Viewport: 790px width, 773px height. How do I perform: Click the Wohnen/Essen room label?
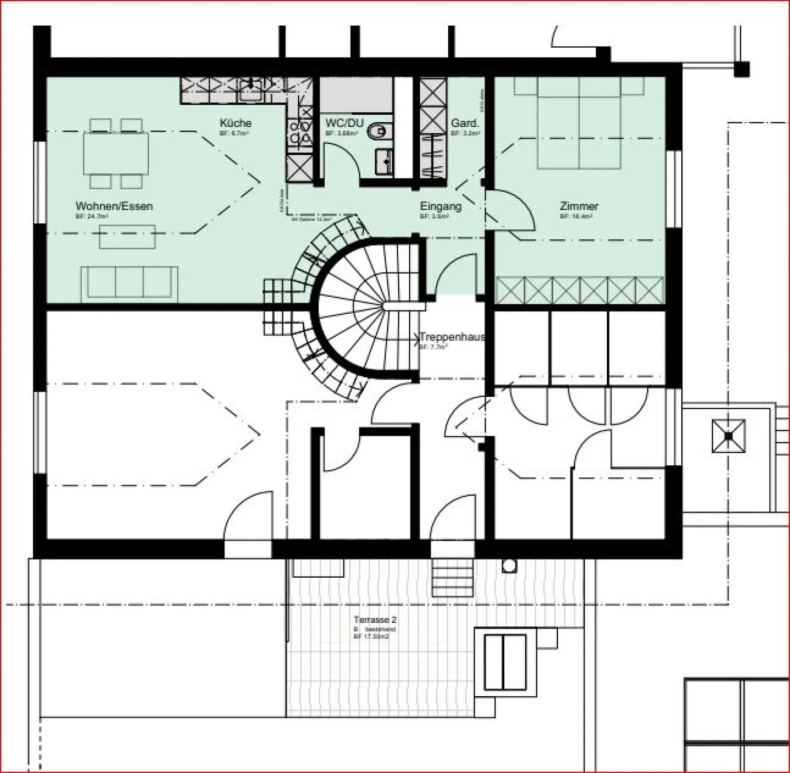click(114, 206)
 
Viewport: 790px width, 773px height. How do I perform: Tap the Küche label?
click(235, 123)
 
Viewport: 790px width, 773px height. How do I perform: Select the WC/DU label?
click(344, 123)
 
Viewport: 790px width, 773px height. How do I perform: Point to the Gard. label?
click(465, 123)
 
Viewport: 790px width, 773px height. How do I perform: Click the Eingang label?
click(441, 206)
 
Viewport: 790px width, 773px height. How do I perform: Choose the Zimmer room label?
click(579, 206)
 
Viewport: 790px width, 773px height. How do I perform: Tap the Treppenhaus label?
click(452, 337)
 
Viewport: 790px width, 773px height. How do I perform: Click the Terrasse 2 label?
click(375, 619)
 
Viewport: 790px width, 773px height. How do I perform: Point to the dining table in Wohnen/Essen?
click(116, 154)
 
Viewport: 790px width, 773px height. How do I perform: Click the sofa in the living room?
click(129, 283)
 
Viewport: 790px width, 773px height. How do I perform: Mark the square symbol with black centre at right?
click(728, 436)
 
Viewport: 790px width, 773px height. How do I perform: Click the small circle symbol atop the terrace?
click(509, 566)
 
